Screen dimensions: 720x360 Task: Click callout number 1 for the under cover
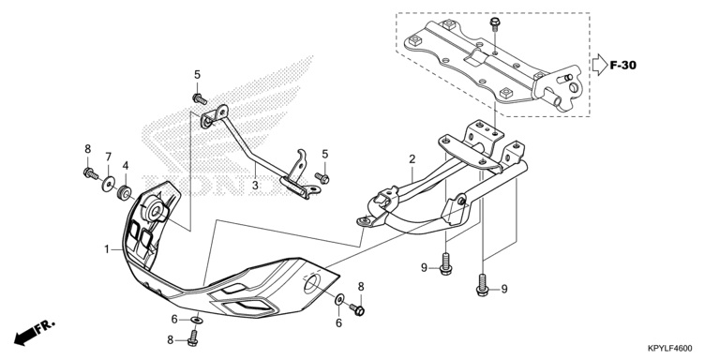(x=107, y=249)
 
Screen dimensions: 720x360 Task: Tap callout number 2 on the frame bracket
(x=412, y=159)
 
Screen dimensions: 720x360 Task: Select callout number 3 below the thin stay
(x=255, y=186)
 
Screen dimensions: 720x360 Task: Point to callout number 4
(x=126, y=165)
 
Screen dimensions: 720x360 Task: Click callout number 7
(x=109, y=157)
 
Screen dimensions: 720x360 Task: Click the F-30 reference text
(x=623, y=66)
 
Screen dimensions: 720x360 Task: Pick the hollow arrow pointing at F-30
(x=599, y=65)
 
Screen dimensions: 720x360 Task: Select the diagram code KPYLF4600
(x=670, y=349)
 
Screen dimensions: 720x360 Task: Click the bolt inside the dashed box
(x=495, y=23)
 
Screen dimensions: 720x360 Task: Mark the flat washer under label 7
(x=109, y=185)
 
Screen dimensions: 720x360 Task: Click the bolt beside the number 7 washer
(x=91, y=173)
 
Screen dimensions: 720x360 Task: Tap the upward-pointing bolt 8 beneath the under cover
(x=193, y=337)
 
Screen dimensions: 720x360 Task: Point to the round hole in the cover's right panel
(x=312, y=285)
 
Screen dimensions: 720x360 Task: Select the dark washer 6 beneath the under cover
(x=197, y=319)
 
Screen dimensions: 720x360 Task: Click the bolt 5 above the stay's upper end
(x=200, y=98)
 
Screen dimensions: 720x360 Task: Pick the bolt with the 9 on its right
(x=482, y=285)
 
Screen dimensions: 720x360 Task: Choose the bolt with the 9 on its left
(x=445, y=264)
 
